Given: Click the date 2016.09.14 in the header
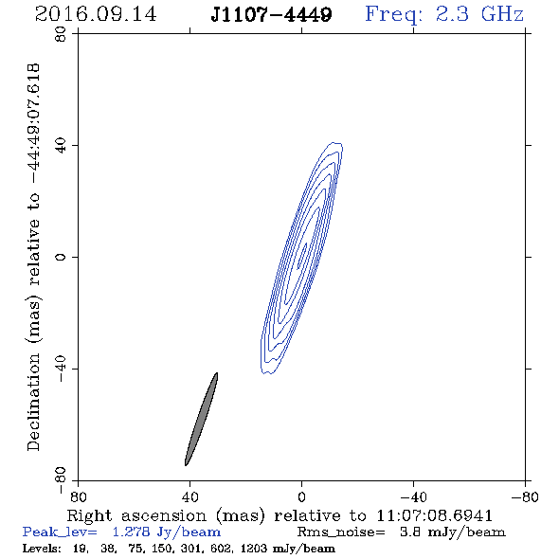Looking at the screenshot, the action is [96, 14].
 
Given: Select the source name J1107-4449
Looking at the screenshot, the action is [271, 14].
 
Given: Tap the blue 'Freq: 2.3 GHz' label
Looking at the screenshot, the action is [444, 15].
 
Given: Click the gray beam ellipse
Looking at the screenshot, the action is [202, 419].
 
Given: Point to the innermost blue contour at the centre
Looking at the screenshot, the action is [302, 256].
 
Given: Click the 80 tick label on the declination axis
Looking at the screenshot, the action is [61, 34].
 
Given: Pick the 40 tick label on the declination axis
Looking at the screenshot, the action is [61, 146].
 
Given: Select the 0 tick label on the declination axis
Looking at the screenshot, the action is [61, 257].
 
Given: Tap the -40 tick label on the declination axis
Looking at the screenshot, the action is [61, 369].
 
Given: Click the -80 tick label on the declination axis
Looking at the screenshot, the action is [61, 480].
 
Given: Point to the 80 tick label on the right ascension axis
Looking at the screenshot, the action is [78, 496].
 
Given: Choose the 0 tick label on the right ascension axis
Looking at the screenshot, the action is [301, 496].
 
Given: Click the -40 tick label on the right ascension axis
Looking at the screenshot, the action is [413, 496].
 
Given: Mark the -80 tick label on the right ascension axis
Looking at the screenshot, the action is [525, 496].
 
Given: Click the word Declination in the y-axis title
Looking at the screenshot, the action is [33, 402].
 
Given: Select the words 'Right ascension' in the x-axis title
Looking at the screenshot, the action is [136, 515].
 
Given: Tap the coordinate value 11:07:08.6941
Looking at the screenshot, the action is [434, 515].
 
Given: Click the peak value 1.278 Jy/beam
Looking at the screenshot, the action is [167, 532].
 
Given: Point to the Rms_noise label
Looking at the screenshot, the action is [341, 532].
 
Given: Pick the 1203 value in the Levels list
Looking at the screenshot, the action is [254, 549].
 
